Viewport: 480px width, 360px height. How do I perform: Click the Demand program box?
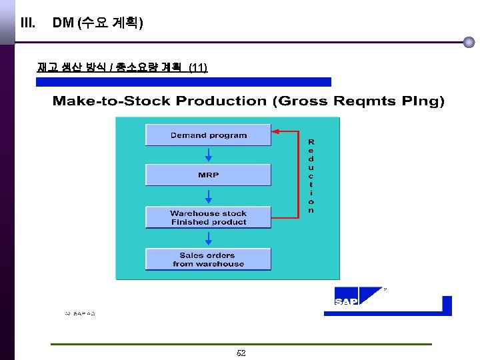[x=208, y=135]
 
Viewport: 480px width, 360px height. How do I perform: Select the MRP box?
[x=208, y=175]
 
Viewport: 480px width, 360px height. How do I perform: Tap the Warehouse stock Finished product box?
[x=208, y=217]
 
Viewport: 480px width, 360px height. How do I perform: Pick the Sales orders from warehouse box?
[x=208, y=259]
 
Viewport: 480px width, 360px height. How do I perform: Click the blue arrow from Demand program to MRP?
[x=209, y=155]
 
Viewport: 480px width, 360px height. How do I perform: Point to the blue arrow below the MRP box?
[x=209, y=196]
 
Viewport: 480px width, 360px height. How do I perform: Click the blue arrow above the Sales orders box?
[x=209, y=239]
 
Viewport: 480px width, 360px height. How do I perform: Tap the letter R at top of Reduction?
[x=311, y=142]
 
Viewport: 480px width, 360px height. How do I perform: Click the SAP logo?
[x=347, y=301]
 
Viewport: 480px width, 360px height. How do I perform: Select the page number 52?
[x=241, y=353]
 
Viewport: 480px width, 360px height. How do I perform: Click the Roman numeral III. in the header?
[x=28, y=23]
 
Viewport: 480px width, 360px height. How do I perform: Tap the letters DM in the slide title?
[x=63, y=23]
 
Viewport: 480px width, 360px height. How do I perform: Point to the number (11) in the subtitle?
[x=198, y=67]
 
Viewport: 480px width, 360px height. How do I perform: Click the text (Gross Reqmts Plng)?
[x=359, y=101]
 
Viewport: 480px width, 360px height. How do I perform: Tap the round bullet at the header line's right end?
[x=469, y=42]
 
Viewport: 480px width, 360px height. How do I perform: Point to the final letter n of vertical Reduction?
[x=311, y=211]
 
